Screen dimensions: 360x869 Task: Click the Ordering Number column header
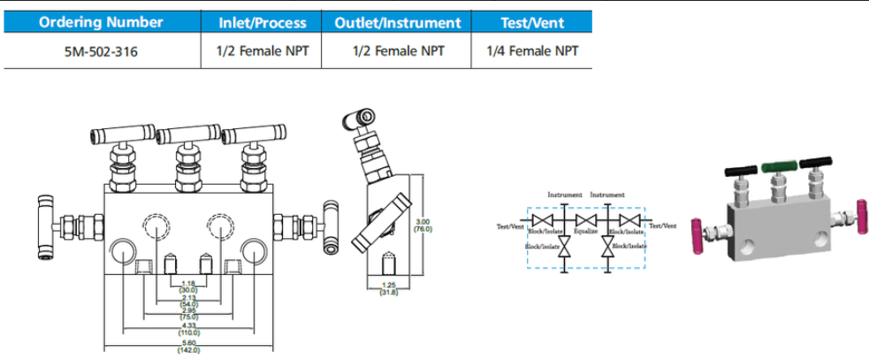[101, 22]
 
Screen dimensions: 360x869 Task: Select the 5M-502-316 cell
[101, 51]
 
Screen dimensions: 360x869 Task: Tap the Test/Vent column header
[532, 22]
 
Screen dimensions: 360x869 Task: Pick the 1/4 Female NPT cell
[532, 51]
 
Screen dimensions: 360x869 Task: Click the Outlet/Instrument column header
[398, 22]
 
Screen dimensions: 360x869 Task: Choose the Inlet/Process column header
[263, 22]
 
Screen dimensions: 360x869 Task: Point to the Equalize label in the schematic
[586, 231]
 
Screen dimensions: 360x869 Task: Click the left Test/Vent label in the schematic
[512, 226]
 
